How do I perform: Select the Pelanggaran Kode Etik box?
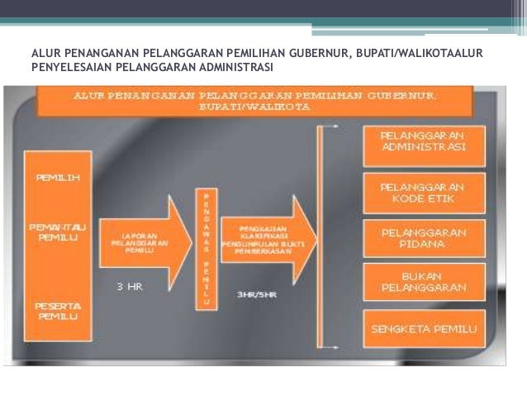point(424,193)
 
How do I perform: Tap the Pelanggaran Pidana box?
point(424,238)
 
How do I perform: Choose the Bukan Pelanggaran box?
point(424,282)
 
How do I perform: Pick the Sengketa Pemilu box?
point(424,329)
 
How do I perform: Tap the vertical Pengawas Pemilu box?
point(206,249)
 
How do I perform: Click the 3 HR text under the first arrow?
point(130,288)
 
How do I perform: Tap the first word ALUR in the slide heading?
point(45,54)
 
